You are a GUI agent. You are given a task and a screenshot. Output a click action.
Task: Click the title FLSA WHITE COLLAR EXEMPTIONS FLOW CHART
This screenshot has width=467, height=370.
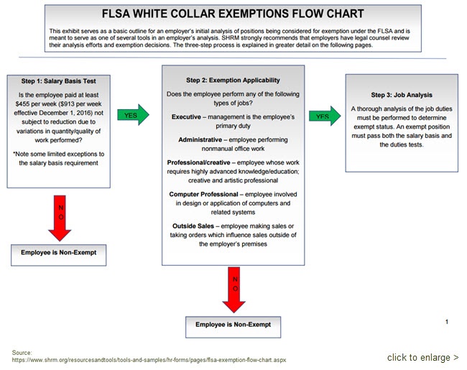233,14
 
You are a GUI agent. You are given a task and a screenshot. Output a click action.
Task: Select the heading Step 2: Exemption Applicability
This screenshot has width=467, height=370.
233,80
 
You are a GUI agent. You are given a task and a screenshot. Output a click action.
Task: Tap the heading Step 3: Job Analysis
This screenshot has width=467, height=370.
401,95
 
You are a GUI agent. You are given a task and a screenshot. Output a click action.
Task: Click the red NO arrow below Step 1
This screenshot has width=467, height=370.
60,216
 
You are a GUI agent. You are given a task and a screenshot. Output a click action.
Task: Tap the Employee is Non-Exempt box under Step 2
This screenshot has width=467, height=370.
233,325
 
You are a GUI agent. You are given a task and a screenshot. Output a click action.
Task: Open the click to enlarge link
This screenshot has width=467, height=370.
422,358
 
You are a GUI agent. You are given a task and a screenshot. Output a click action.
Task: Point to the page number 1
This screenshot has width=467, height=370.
447,322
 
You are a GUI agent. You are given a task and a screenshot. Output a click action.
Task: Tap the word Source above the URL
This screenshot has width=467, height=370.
22,352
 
